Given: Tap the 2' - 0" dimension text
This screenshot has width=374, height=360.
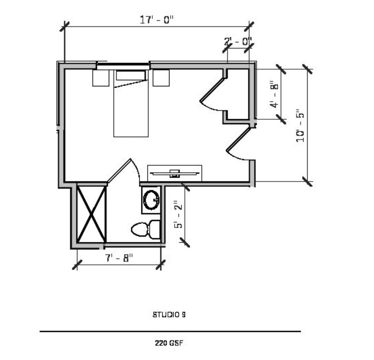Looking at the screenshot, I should pos(238,41).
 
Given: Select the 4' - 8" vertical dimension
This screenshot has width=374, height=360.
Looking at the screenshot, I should pos(275,95).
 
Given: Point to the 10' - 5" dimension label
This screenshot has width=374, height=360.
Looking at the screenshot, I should pos(301,125).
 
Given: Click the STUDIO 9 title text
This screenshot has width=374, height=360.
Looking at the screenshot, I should pos(169,314).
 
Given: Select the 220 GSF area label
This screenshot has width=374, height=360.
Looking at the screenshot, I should pos(169,343).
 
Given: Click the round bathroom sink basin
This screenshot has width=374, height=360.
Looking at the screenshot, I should pos(152,199).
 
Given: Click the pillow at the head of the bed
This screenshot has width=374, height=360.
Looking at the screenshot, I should pos(131,75).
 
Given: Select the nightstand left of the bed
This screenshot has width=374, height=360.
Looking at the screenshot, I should pos(101,78).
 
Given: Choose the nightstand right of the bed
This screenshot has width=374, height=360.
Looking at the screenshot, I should pos(161,78).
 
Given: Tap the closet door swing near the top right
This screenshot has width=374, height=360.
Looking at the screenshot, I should pos(213,93).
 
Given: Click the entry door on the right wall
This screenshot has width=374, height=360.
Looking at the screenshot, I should pos(238,142).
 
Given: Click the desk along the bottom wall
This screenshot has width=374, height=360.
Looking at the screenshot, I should pos(174,173).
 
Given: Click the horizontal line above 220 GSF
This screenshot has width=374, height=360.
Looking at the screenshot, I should pos(170,331).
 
